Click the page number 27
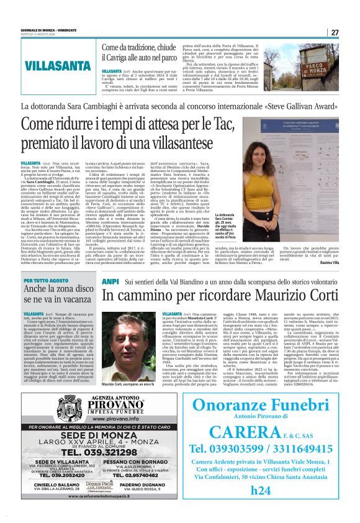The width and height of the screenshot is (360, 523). [x=335, y=32]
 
